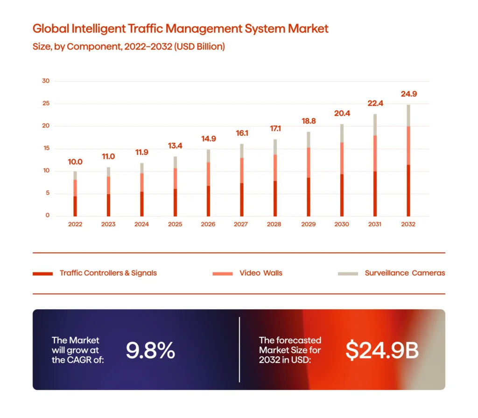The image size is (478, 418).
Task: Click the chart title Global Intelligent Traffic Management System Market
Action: [180, 28]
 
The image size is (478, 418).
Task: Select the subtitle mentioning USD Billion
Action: [128, 47]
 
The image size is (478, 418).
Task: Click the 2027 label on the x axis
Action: [241, 224]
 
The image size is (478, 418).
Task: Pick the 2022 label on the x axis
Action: [75, 224]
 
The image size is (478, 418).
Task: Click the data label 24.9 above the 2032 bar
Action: [408, 94]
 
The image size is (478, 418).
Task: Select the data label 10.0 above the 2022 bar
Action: [75, 162]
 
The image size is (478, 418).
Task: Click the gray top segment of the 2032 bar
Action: [408, 115]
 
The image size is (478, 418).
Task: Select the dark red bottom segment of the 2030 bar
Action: [342, 195]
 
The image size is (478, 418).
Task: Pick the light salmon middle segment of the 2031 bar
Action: [375, 153]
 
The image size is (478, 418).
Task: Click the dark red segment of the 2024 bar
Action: [141, 204]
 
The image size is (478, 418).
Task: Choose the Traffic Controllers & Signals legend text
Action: [108, 273]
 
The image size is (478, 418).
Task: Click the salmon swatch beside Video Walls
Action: [222, 273]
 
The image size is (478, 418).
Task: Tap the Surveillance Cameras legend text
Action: [405, 273]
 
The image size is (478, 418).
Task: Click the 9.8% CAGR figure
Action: [150, 350]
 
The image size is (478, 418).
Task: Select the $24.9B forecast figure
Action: [382, 350]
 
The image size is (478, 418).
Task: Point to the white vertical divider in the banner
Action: [239, 349]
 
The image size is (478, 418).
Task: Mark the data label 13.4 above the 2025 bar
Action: [175, 146]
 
